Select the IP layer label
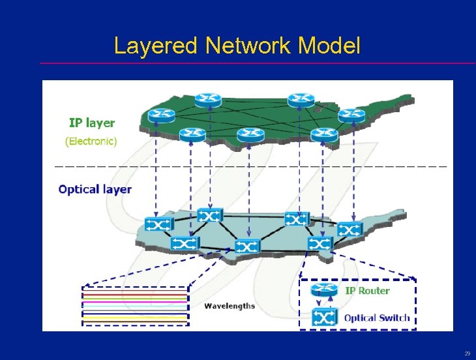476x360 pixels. [x=92, y=123]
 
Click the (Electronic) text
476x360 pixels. [x=91, y=141]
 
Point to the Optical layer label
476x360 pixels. [x=95, y=190]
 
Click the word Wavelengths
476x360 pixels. [x=230, y=306]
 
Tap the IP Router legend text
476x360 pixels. [x=367, y=291]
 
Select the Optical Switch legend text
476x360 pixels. [x=377, y=318]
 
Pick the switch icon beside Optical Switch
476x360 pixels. [x=324, y=318]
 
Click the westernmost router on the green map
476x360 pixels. [x=161, y=115]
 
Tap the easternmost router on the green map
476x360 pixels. [x=352, y=115]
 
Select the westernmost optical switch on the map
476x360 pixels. [x=158, y=224]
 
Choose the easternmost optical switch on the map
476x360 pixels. [x=350, y=230]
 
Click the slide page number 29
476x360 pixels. [x=467, y=353]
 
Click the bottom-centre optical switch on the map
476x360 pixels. [x=247, y=247]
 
